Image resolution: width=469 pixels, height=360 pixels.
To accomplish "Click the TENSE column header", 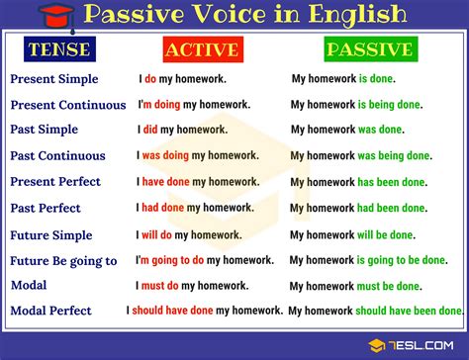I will (x=58, y=49).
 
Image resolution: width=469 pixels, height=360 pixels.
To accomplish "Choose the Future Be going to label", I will (x=63, y=261).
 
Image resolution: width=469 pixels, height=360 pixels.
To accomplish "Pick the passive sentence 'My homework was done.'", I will (x=346, y=129).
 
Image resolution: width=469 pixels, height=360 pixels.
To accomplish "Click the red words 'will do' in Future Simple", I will (x=159, y=234).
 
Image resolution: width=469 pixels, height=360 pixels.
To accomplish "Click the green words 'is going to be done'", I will (x=406, y=260).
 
